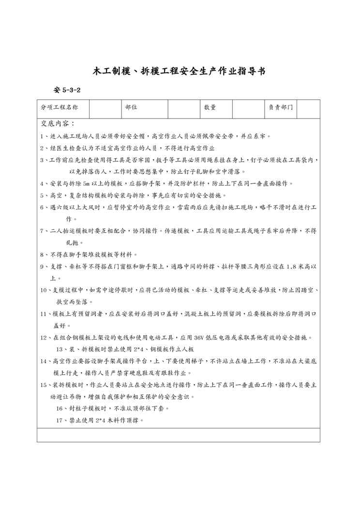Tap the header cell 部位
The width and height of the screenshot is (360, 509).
(131, 108)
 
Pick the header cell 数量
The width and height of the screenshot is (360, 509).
(210, 108)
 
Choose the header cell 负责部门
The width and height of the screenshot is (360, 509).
(281, 108)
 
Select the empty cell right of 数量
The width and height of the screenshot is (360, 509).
(248, 108)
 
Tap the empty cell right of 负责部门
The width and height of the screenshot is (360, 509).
(308, 108)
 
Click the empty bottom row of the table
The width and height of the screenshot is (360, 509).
(178, 434)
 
